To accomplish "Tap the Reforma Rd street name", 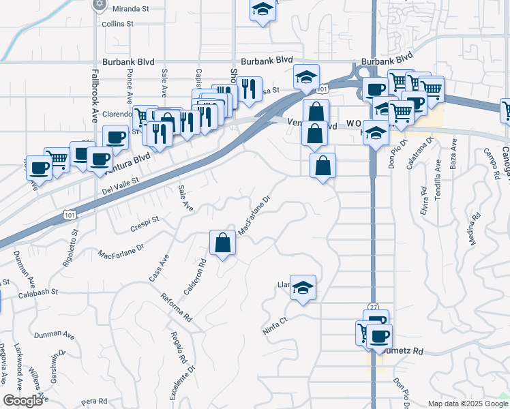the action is pos(176,308).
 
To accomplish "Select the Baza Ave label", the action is pos(453,155).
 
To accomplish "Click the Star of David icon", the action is pos(100,4).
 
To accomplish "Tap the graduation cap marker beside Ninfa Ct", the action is pos(303,287).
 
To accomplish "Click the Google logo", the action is pos(23,400).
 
